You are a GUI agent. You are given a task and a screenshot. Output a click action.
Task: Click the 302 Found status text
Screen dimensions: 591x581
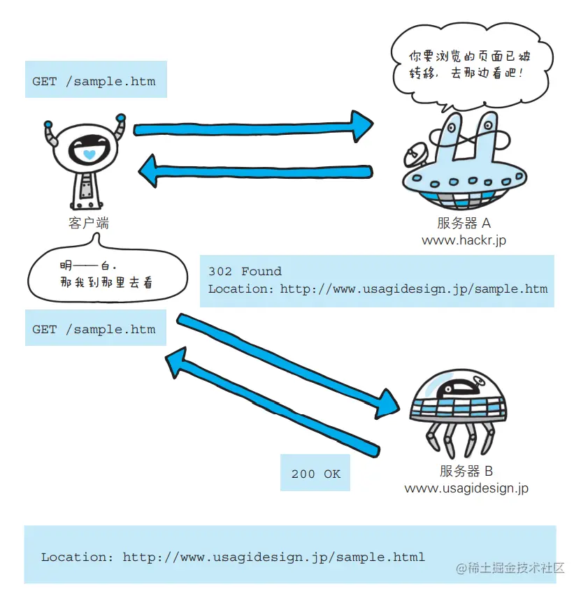click(x=245, y=272)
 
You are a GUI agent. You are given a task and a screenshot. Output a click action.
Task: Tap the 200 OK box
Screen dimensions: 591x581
click(x=315, y=474)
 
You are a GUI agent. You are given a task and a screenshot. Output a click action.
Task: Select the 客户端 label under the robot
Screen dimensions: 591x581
click(x=89, y=224)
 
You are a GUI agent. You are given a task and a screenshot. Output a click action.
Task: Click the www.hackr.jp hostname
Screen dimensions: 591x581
click(x=464, y=240)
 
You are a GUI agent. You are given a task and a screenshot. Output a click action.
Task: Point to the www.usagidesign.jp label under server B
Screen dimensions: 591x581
click(x=466, y=488)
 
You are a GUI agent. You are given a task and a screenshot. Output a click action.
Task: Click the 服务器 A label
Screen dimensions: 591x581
click(x=464, y=224)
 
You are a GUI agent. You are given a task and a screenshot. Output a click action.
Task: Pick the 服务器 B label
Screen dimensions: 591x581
click(x=466, y=471)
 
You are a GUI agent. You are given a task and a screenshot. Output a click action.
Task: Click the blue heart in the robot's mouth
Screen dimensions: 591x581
click(x=88, y=154)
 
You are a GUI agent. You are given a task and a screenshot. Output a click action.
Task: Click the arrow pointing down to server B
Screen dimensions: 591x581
click(x=287, y=363)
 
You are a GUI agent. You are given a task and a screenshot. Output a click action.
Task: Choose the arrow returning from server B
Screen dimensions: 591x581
click(x=273, y=401)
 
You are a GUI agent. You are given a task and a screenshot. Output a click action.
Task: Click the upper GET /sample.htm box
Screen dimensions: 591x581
click(x=95, y=81)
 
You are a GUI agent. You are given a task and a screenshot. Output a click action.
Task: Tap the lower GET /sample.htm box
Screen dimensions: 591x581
click(x=95, y=329)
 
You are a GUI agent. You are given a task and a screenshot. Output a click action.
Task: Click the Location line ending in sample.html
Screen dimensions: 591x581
click(x=233, y=557)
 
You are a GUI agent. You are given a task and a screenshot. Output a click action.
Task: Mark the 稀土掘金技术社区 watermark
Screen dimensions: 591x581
click(x=510, y=568)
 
